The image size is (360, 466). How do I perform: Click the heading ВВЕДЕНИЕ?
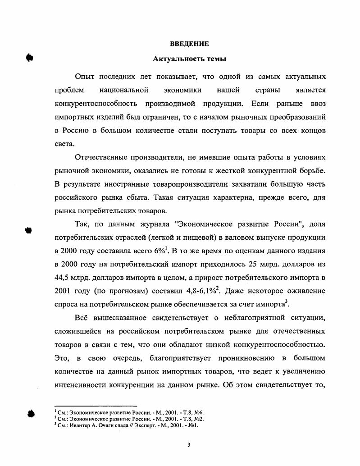click(x=189, y=44)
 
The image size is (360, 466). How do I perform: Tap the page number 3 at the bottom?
click(x=189, y=445)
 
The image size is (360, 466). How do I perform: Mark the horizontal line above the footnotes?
click(x=95, y=406)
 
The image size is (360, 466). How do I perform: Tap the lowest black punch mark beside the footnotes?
click(x=31, y=414)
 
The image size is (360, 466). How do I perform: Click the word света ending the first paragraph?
click(x=63, y=144)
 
